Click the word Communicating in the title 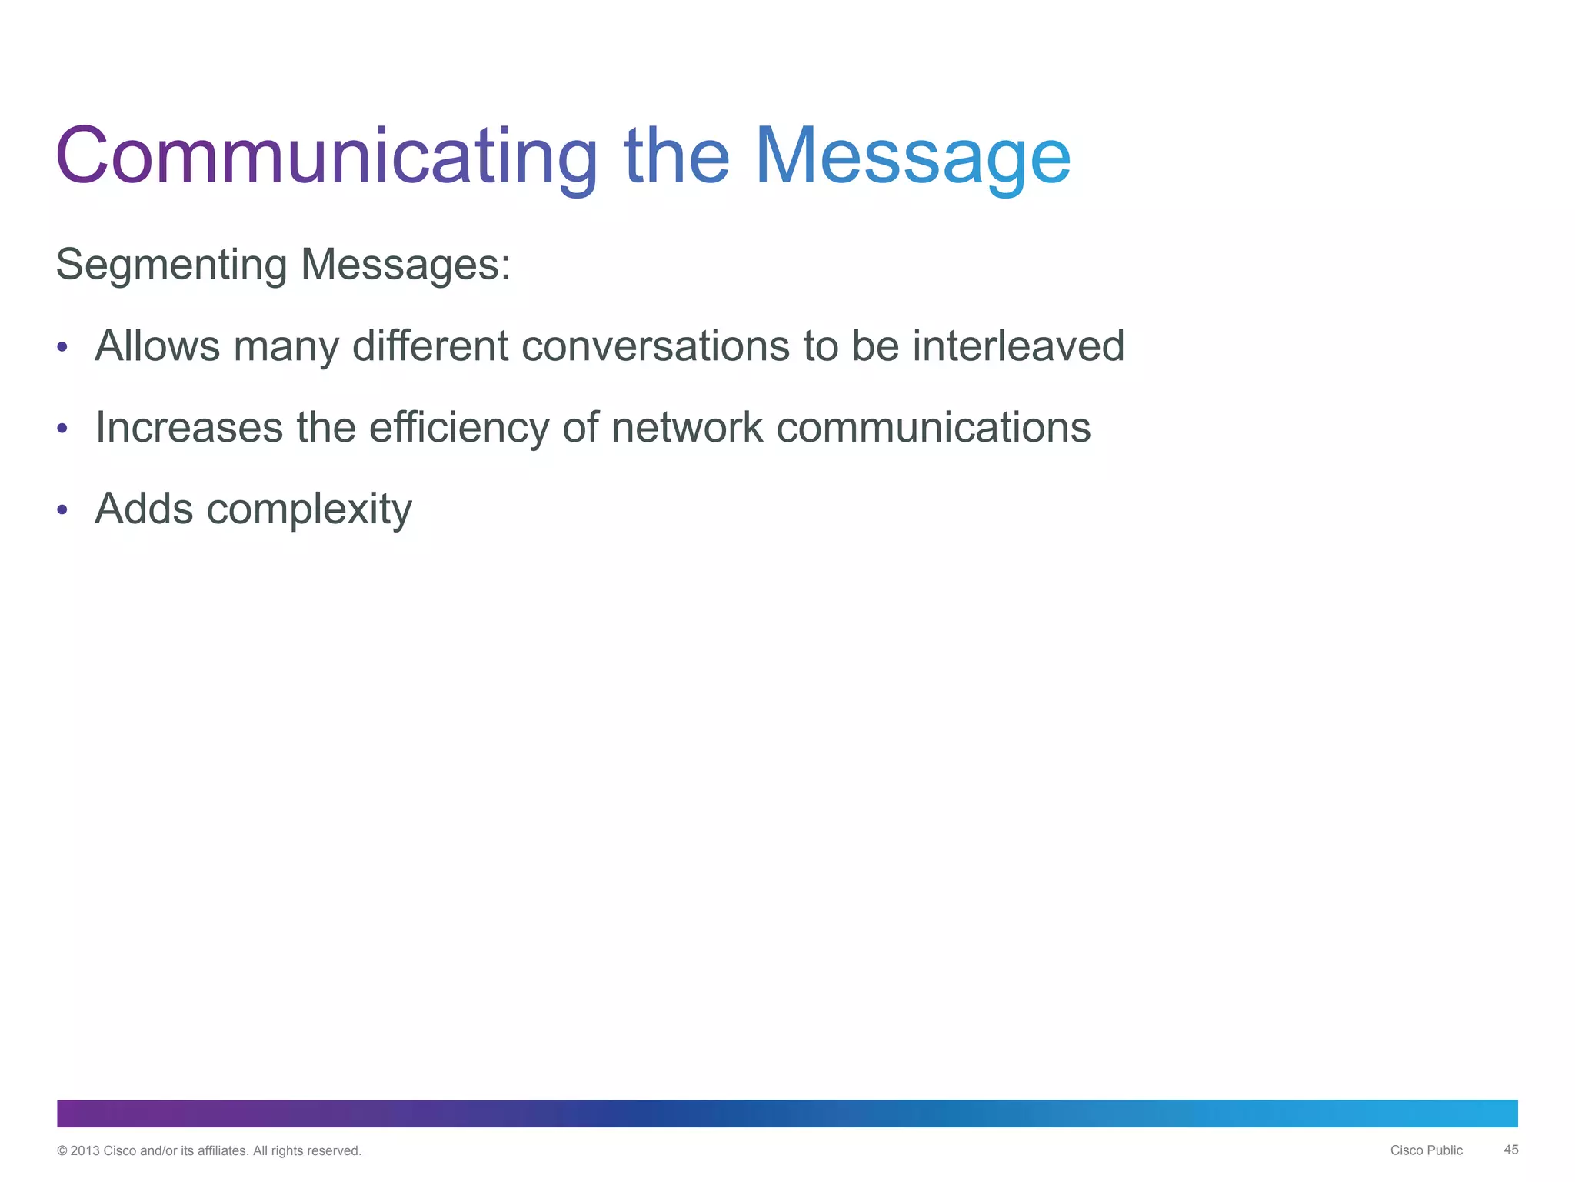click(326, 156)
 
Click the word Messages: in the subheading click(405, 265)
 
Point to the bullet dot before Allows click(62, 348)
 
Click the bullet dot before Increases click(62, 429)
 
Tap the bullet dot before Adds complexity click(62, 509)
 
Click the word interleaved click(1018, 346)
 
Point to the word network click(687, 427)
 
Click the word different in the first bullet click(430, 346)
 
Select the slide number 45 click(1510, 1150)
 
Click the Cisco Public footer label click(1426, 1150)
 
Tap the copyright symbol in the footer click(62, 1151)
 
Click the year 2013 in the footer click(85, 1151)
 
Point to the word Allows click(157, 346)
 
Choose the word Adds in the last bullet click(144, 509)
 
